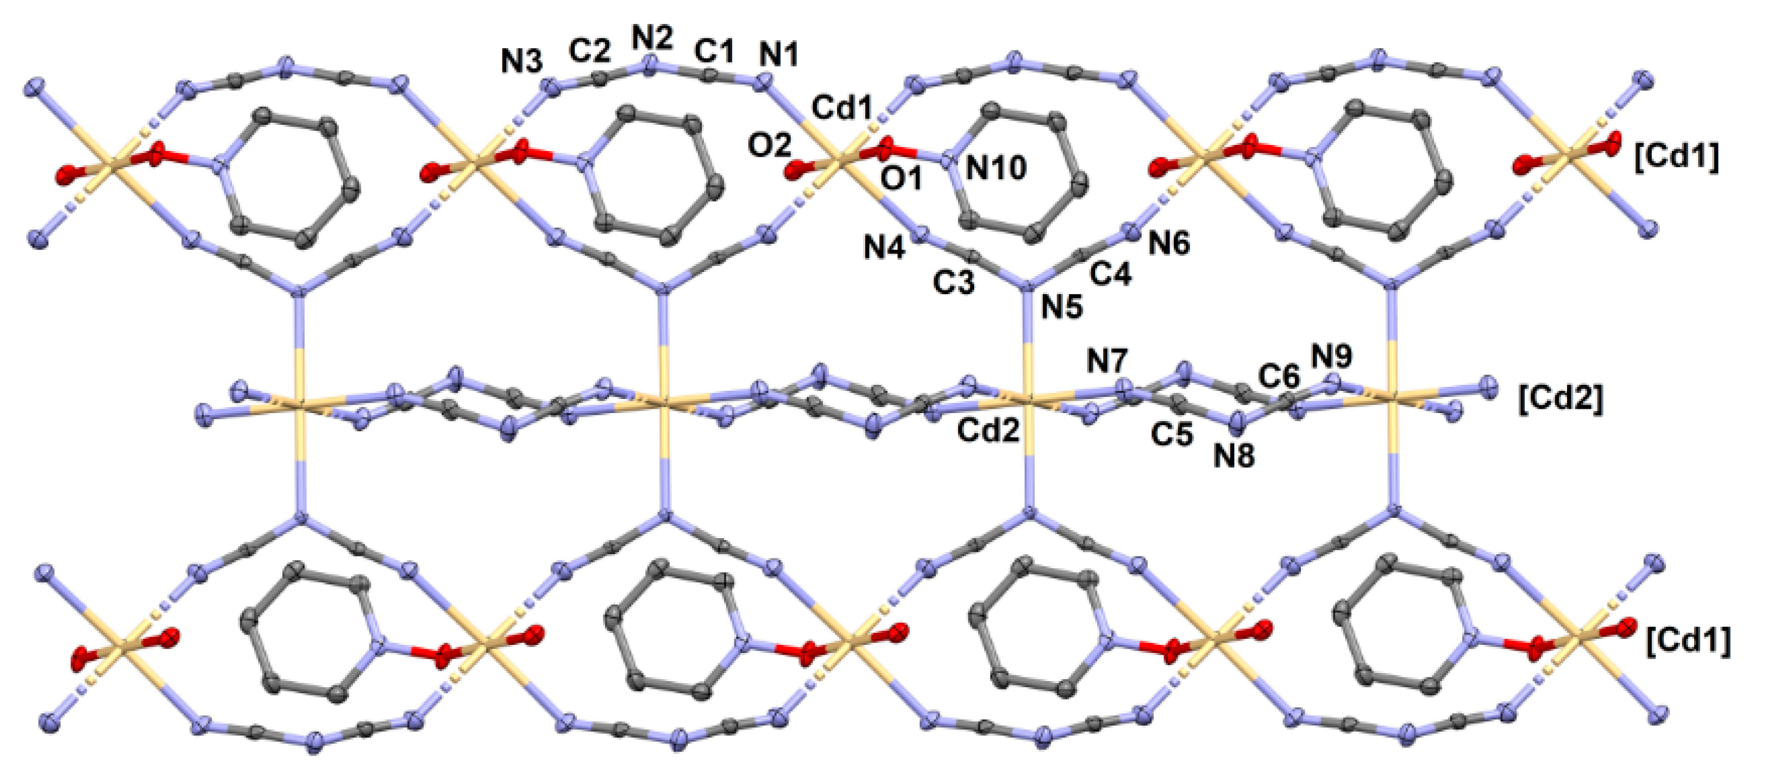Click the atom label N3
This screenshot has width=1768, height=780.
pyautogui.click(x=521, y=63)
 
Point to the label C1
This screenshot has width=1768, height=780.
pyautogui.click(x=714, y=51)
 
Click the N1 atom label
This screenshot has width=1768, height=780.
pyautogui.click(x=779, y=54)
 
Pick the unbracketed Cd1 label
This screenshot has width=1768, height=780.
pyautogui.click(x=842, y=109)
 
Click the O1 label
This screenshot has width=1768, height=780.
pyautogui.click(x=902, y=180)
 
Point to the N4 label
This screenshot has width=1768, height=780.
pyautogui.click(x=884, y=247)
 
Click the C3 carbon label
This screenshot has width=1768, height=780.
pyautogui.click(x=953, y=282)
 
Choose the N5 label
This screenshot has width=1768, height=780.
pyautogui.click(x=1062, y=307)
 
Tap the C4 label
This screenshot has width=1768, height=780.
pyautogui.click(x=1111, y=275)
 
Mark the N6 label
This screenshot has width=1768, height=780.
pyautogui.click(x=1169, y=243)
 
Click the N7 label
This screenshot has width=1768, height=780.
pyautogui.click(x=1107, y=362)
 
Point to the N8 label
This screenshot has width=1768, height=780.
pyautogui.click(x=1234, y=456)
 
